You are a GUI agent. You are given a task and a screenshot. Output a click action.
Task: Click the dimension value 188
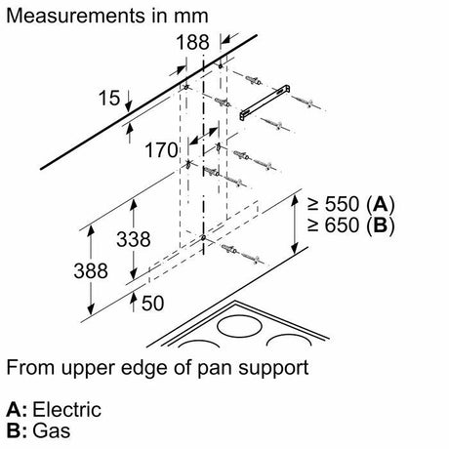point(192,42)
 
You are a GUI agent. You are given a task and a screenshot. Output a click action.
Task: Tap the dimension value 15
point(109,98)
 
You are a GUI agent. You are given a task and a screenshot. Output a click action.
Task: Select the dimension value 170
point(161,150)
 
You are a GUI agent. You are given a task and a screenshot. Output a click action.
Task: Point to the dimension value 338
point(134,239)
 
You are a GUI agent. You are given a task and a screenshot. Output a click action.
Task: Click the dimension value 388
point(91,270)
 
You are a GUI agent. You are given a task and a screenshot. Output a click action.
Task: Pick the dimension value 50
point(153,304)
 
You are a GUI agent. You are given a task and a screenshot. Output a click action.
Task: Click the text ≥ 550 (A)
point(350,205)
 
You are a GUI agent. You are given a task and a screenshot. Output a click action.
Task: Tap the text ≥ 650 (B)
point(350,225)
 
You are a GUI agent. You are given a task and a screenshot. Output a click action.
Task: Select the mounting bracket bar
point(265,102)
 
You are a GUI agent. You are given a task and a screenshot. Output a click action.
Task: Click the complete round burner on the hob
point(239,326)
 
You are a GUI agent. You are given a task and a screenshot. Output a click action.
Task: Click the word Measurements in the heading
point(75,16)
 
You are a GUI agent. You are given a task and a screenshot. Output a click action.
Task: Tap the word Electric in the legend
point(66,409)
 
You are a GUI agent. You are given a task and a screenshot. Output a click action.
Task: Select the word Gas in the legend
point(52,430)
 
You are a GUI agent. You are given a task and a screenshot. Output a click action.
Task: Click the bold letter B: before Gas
point(17,430)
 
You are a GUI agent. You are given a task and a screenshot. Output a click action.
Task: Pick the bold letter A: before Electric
point(17,409)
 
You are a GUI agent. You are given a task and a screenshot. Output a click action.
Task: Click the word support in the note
point(273,369)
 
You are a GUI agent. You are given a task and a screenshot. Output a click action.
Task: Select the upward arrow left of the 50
point(133,302)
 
